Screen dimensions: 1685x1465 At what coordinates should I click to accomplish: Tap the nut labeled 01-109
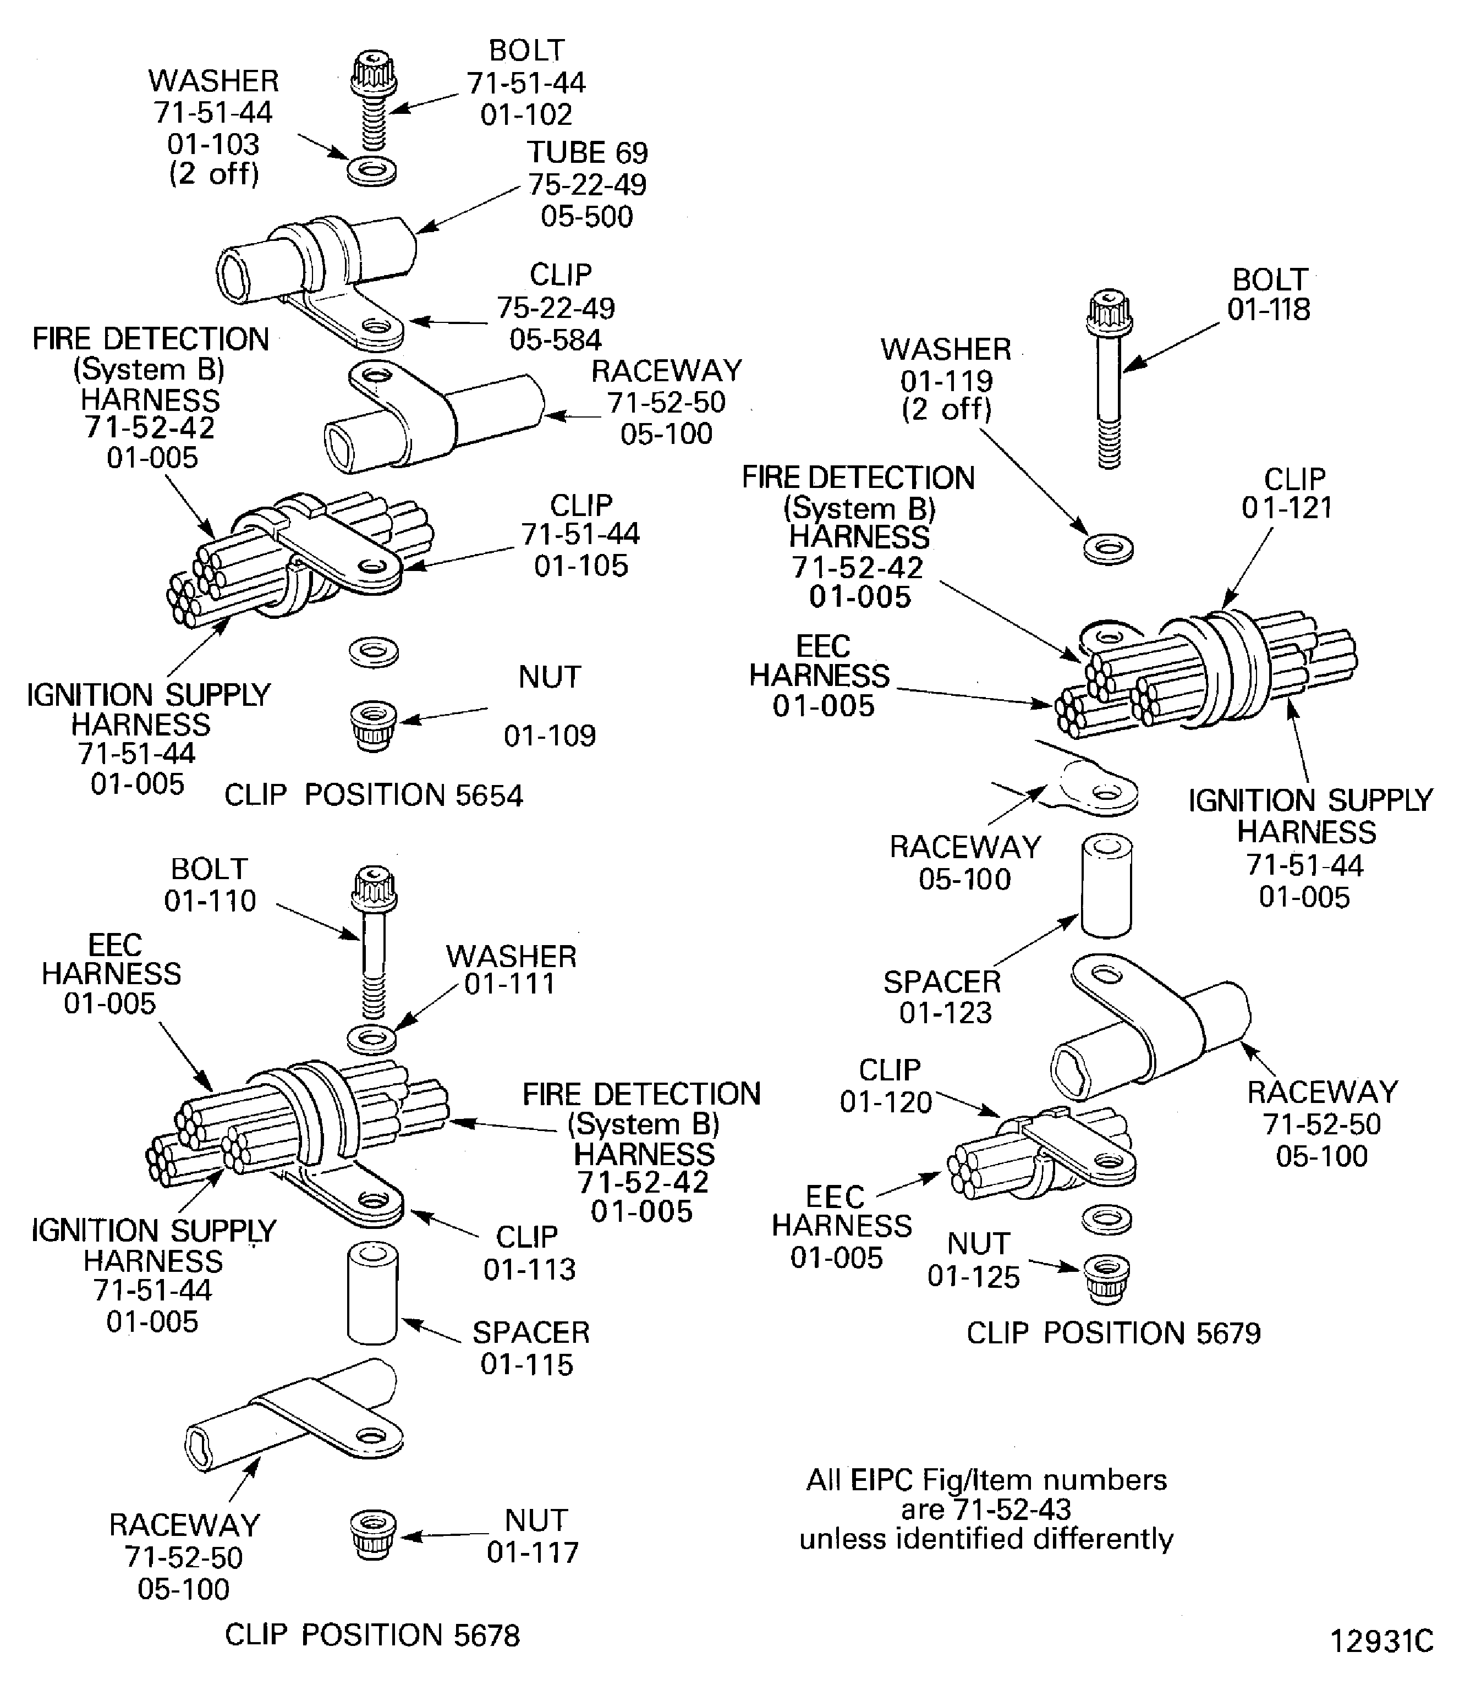click(x=373, y=725)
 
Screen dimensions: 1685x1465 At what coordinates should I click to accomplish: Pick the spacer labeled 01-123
click(x=1107, y=886)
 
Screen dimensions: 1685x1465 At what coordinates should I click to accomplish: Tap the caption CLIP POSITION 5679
click(x=1113, y=1333)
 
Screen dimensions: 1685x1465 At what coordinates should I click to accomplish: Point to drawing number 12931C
click(x=1381, y=1641)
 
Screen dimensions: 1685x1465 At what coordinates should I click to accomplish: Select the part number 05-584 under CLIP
click(x=556, y=339)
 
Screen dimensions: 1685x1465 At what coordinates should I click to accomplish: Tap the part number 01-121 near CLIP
click(x=1287, y=508)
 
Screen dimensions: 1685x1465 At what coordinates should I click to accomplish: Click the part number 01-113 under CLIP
click(x=530, y=1270)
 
